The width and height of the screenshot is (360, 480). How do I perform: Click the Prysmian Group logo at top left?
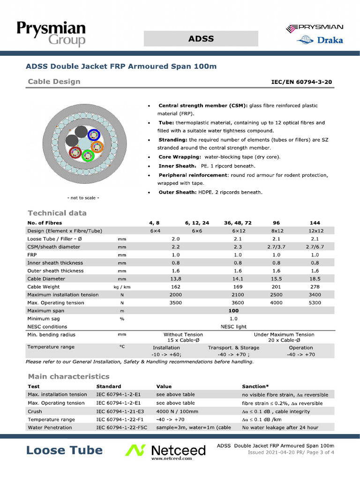pyautogui.click(x=51, y=34)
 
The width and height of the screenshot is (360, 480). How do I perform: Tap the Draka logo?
pyautogui.click(x=320, y=40)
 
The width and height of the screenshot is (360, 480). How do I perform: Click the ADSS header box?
pyautogui.click(x=201, y=38)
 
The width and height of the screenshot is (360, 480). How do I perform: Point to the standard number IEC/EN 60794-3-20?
pyautogui.click(x=302, y=82)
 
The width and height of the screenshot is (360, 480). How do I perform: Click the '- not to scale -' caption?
pyautogui.click(x=83, y=197)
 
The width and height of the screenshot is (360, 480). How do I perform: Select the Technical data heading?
pyautogui.click(x=57, y=213)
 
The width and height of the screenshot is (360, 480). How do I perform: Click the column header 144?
pyautogui.click(x=315, y=223)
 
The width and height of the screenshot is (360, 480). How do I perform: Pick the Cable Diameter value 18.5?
pyautogui.click(x=315, y=278)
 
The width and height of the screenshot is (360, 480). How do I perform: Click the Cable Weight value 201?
pyautogui.click(x=277, y=286)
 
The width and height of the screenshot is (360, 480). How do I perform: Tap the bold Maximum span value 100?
pyautogui.click(x=233, y=310)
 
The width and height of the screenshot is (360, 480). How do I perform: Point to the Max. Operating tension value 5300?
pyautogui.click(x=315, y=302)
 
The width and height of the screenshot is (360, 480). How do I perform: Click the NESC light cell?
pyautogui.click(x=233, y=326)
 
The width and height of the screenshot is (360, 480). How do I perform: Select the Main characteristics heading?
pyautogui.click(x=68, y=376)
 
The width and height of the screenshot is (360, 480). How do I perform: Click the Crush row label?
pyautogui.click(x=35, y=411)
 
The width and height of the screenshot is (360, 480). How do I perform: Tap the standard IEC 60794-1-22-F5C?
pyautogui.click(x=121, y=427)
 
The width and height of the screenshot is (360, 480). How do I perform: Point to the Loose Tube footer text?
pyautogui.click(x=64, y=450)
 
